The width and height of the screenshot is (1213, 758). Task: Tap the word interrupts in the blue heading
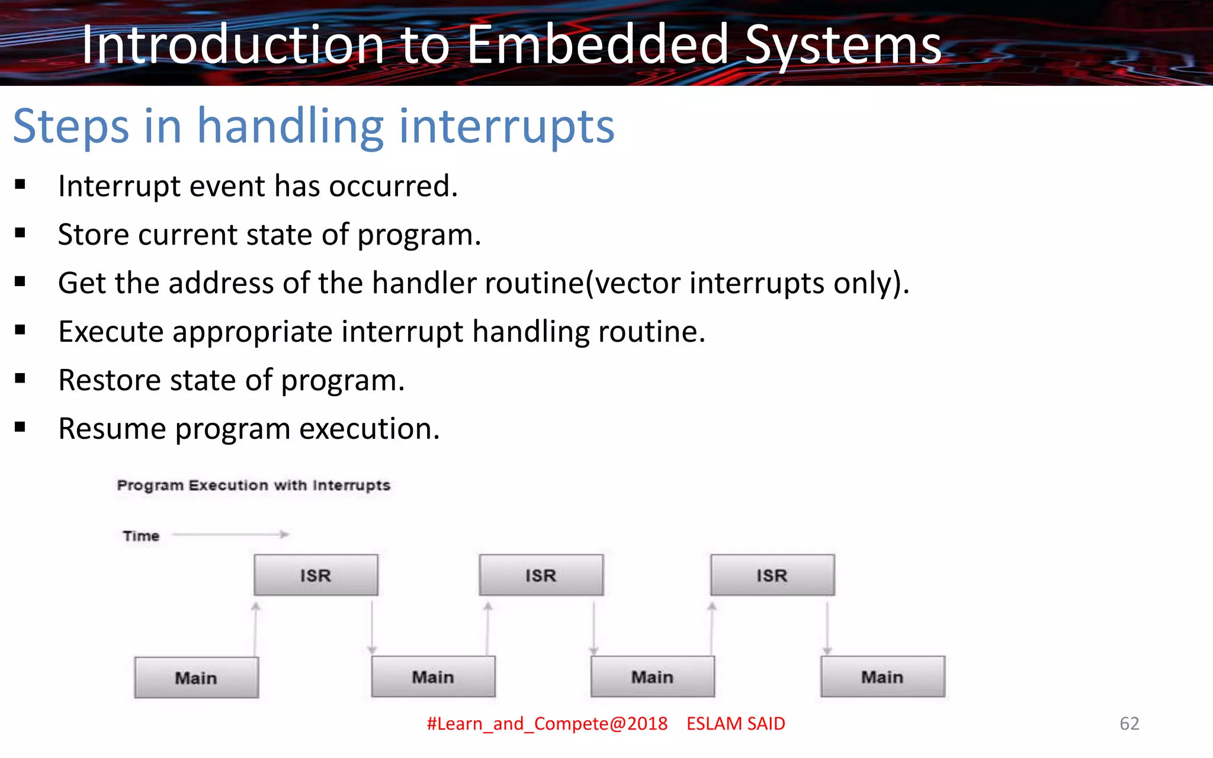point(507,126)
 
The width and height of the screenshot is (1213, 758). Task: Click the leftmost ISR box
point(316,575)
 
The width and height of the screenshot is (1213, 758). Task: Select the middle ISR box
point(541,575)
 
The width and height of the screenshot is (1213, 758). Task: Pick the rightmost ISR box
point(772,575)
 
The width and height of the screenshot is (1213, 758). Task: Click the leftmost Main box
point(196,677)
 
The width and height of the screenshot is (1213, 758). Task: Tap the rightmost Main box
point(883,677)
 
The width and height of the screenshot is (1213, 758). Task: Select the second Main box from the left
point(433,677)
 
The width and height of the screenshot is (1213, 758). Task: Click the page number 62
point(1129,723)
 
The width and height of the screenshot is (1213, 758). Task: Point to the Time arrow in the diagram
point(231,534)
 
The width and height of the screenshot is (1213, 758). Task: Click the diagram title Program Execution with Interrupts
point(253,486)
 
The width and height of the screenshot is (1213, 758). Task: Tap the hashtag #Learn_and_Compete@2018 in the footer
point(547,724)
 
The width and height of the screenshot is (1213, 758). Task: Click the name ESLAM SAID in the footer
point(736,724)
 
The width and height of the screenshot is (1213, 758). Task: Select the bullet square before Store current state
point(21,233)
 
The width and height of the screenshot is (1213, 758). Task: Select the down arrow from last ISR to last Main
point(827,628)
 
